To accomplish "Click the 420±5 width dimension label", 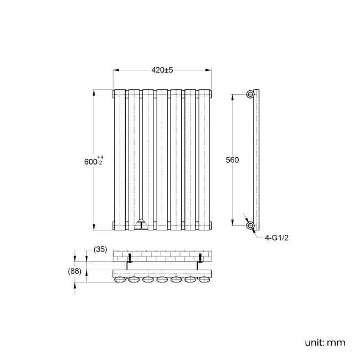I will tap(162, 70).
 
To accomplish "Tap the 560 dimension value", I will tap(233, 160).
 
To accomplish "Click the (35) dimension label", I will tap(100, 250).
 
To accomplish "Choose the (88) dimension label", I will tap(75, 271).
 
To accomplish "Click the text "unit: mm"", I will tap(325, 342).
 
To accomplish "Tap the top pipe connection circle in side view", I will tap(251, 94).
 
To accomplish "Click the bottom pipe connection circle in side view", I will tap(251, 225).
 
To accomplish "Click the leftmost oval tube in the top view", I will tap(120, 281).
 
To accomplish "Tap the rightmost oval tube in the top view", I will tap(204, 281).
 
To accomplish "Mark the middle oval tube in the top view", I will tap(162, 281).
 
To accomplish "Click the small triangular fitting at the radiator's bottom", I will tap(141, 225).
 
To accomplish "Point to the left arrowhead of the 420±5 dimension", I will tap(115, 70).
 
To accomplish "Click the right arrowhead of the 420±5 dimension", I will tap(210, 70).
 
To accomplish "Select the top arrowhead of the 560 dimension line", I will tap(232, 95).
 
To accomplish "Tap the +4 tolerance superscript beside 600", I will tap(100, 157).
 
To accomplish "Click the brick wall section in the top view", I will tap(162, 256).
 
